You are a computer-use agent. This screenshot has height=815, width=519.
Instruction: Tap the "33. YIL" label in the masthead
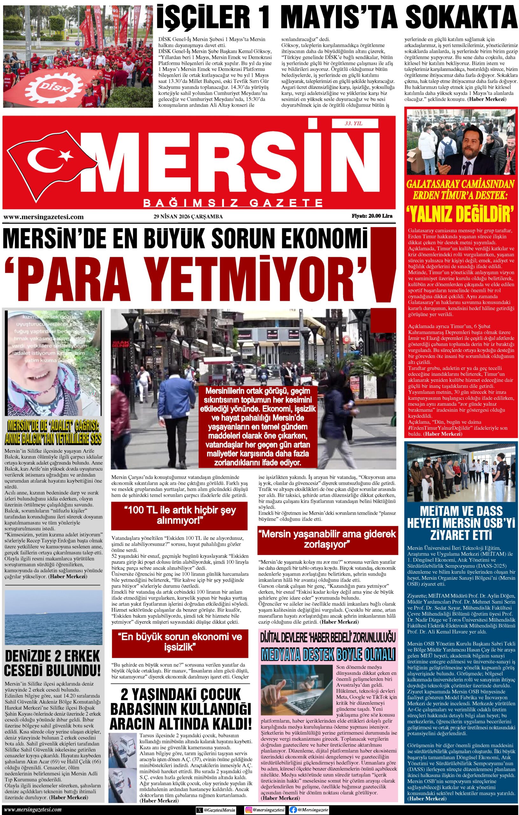coord(353,124)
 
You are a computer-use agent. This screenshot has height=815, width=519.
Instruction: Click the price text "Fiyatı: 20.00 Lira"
coord(372,216)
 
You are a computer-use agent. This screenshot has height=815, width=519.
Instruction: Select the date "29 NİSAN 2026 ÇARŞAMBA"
coord(188,216)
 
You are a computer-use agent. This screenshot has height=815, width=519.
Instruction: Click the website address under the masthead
coord(43,217)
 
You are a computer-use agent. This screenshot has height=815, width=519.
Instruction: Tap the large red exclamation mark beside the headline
coord(384,267)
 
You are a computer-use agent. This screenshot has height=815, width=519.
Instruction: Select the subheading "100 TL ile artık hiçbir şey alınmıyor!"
coord(179,515)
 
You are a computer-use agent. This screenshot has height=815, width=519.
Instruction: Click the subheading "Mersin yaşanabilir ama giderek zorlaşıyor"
coord(328,539)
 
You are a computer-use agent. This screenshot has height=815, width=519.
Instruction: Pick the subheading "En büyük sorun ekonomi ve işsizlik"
coord(179,642)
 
